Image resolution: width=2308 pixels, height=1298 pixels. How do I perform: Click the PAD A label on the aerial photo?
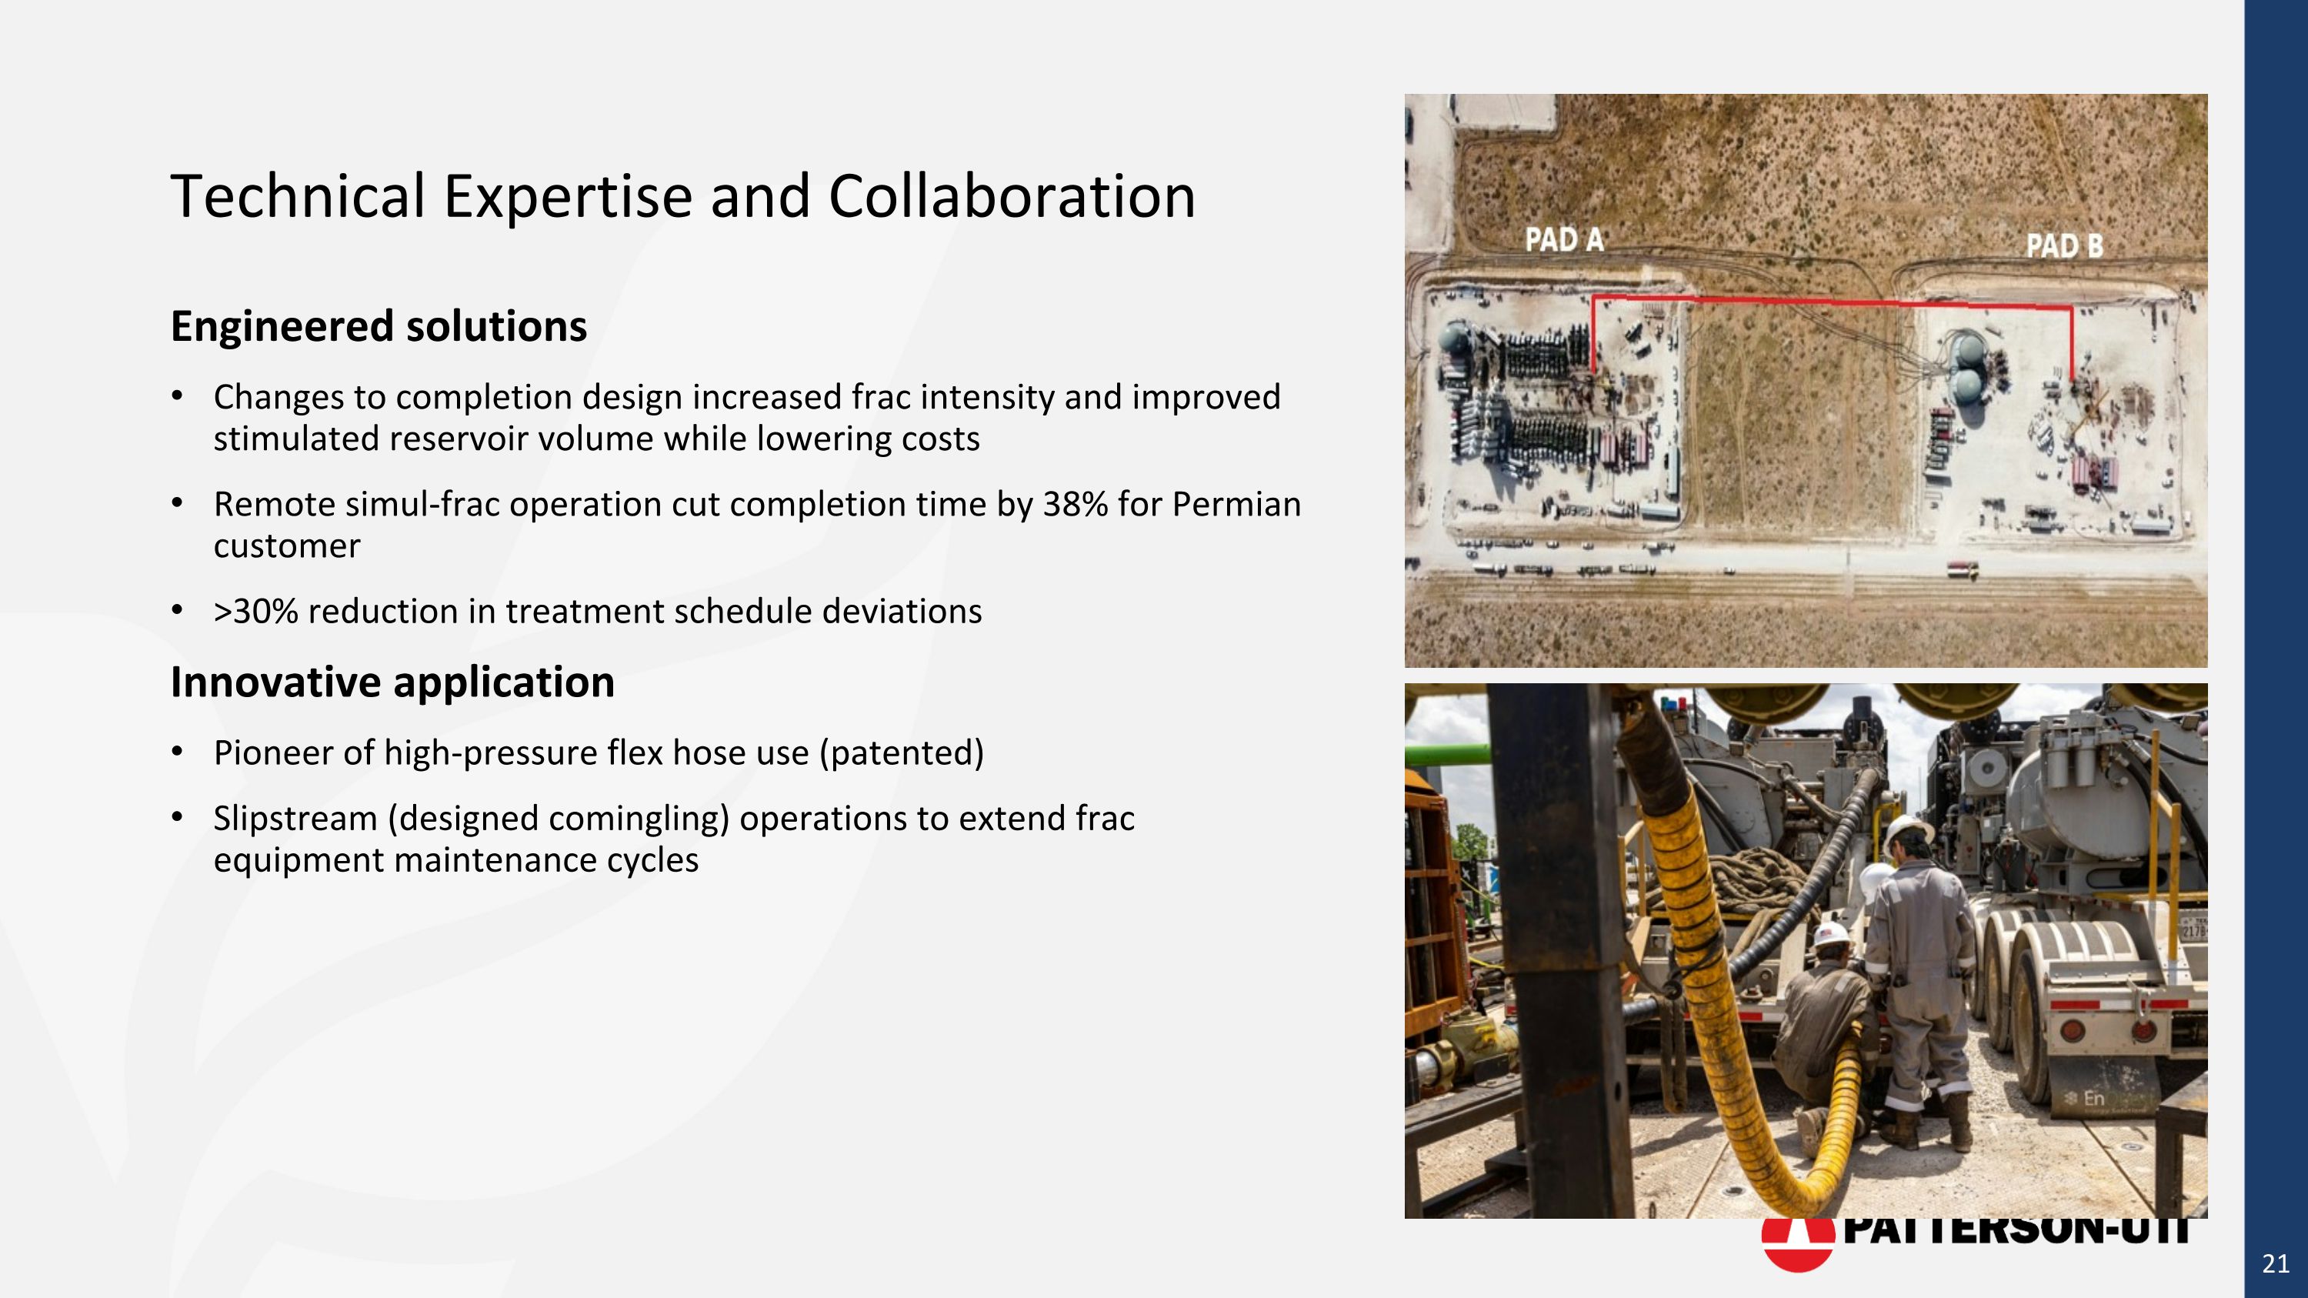[1564, 239]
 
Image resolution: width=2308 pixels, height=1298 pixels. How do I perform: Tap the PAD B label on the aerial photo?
[2064, 245]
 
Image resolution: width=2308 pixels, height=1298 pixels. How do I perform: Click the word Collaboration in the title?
[1012, 196]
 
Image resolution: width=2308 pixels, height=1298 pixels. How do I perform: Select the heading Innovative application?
[392, 682]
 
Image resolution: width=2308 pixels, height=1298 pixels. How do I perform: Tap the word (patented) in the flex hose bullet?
[902, 753]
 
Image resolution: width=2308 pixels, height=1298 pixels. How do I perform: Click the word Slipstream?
[295, 819]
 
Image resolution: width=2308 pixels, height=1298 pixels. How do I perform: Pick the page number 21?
[2275, 1264]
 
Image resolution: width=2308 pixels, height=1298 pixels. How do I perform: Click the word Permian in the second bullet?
[1236, 504]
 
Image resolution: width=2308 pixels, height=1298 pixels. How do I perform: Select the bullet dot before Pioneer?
[178, 751]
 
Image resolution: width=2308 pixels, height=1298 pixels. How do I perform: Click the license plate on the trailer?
[2194, 928]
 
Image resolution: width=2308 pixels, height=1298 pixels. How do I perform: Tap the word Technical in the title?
[298, 196]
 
